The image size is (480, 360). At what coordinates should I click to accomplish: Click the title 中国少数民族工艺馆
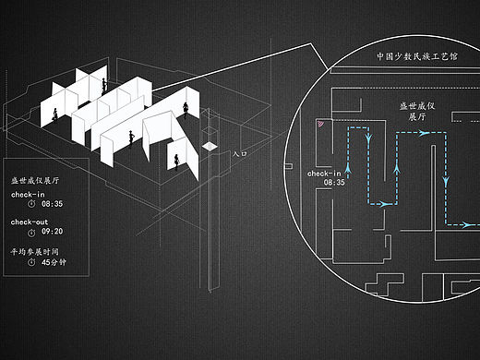(417, 56)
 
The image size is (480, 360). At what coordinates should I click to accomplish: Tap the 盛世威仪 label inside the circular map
(417, 106)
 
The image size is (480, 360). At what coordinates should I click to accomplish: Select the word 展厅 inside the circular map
(417, 116)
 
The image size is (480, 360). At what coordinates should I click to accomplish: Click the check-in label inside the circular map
(324, 174)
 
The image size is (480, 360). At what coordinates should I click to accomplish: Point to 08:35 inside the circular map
(334, 183)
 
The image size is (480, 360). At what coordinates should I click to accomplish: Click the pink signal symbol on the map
(320, 124)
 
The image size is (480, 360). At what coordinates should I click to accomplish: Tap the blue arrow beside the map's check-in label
(348, 169)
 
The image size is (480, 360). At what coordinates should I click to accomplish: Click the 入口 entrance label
(240, 153)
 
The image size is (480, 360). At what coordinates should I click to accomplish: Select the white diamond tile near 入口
(210, 146)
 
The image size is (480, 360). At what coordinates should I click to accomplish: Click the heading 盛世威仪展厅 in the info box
(35, 180)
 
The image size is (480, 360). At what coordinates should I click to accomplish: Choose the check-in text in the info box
(28, 195)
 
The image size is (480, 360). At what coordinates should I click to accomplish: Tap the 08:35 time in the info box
(52, 204)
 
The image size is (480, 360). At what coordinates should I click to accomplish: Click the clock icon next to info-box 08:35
(31, 203)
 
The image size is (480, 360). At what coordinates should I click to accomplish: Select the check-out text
(30, 222)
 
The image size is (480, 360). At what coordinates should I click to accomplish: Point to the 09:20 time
(52, 231)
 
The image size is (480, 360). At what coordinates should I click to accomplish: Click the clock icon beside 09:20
(31, 234)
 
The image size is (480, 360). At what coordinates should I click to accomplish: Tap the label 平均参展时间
(34, 252)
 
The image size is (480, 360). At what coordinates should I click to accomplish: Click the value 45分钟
(54, 262)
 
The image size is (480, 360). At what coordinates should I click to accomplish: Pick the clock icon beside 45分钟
(31, 262)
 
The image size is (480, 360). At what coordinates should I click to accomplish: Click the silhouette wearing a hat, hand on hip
(131, 139)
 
